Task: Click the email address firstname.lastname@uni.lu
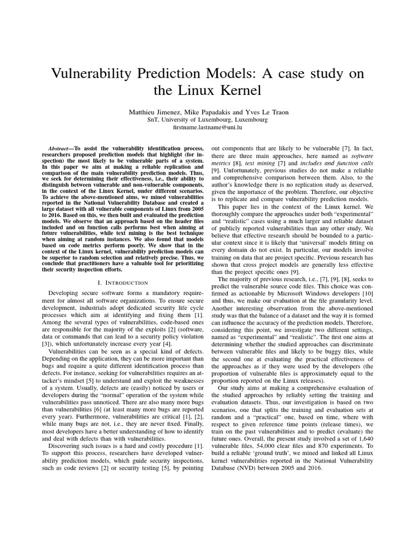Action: click(207, 128)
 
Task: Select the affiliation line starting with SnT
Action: click(207, 120)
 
